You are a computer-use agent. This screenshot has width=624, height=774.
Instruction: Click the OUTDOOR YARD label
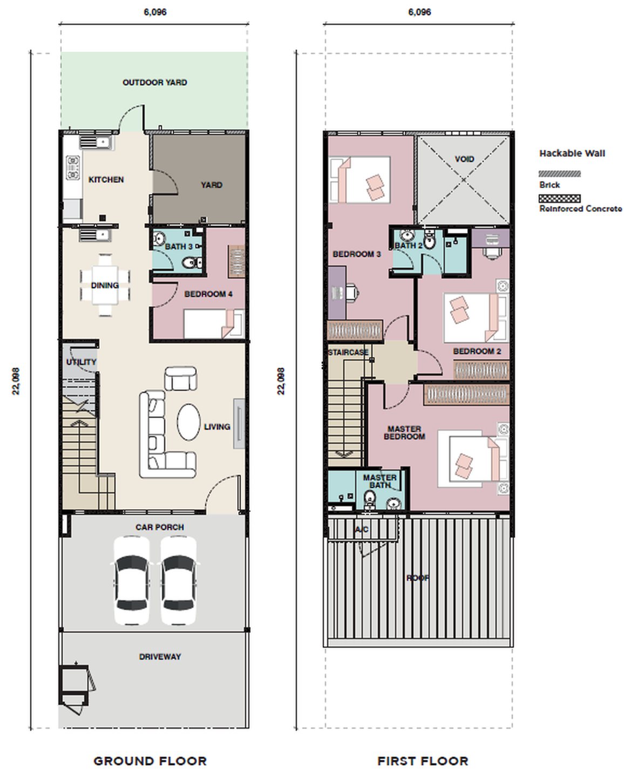pos(155,83)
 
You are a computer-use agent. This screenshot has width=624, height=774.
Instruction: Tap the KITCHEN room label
pos(106,180)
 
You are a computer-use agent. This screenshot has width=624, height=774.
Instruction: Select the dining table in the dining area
pos(105,285)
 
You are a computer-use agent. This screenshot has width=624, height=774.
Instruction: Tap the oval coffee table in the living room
pos(189,422)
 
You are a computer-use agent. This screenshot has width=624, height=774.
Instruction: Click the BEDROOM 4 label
pos(208,294)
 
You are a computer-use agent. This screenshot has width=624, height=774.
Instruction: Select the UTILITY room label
pos(82,362)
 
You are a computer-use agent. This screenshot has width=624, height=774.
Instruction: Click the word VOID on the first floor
pos(464,159)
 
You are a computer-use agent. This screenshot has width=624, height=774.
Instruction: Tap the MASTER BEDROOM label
pos(404,433)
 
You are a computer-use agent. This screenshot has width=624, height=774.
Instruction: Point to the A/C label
pos(362,529)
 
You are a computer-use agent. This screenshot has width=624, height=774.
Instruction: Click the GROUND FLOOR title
pos(151,761)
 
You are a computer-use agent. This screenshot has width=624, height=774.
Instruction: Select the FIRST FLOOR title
pos(423,761)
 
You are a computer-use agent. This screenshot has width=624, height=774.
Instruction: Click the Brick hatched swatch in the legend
pos(560,174)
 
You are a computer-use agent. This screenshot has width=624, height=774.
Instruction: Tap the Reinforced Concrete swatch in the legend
pos(560,198)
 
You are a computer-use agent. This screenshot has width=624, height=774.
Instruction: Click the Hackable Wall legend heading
pos(572,154)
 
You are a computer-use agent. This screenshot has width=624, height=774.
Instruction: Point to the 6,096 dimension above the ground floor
pos(155,12)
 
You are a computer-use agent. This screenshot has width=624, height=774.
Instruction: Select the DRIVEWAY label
pos(160,657)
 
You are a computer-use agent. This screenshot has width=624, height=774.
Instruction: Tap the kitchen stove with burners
pos(73,168)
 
